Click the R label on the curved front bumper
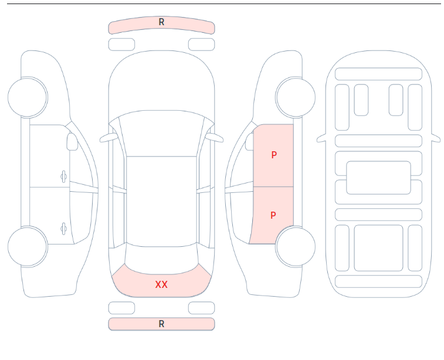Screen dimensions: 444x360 161,22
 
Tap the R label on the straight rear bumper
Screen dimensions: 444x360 161,324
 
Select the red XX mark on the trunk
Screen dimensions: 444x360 161,284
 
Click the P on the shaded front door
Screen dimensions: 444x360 274,155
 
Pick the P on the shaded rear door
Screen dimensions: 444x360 273,215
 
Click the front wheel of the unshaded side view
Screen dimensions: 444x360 28,97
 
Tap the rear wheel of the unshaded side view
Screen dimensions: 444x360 28,246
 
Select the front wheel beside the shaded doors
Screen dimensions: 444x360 296,97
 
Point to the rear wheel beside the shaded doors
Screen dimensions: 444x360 296,246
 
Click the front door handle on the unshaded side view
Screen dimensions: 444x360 64,177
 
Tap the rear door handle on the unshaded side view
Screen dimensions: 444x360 64,229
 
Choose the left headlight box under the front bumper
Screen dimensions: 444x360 121,45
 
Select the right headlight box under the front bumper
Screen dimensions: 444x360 202,45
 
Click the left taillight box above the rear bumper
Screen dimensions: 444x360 121,308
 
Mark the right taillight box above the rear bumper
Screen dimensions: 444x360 202,308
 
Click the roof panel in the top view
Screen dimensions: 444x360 161,201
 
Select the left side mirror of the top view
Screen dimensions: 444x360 108,138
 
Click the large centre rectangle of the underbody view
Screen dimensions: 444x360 378,178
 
